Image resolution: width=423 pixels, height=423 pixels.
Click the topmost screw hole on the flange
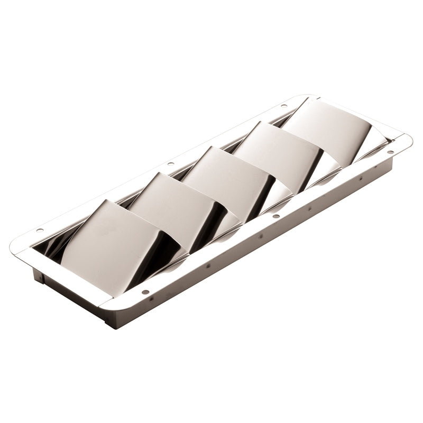coord(284,106)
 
